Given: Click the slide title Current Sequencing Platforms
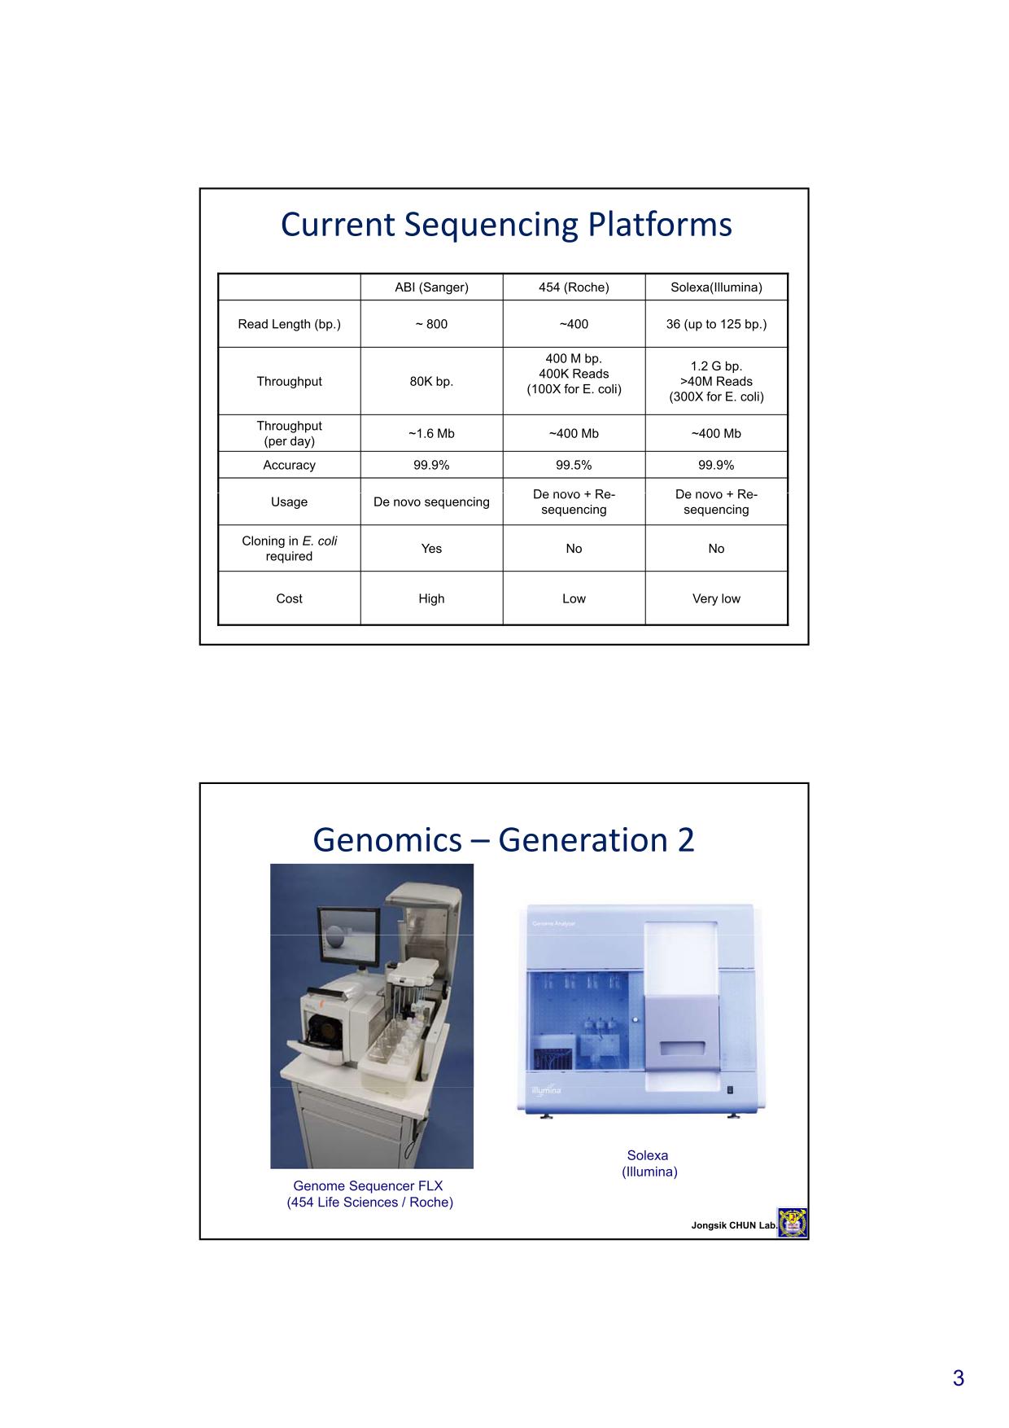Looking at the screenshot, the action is pyautogui.click(x=506, y=225).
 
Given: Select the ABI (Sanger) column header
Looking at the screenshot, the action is pyautogui.click(x=431, y=287).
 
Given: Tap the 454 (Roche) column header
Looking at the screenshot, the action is pyautogui.click(x=574, y=287).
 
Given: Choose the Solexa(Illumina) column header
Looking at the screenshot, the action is pyautogui.click(x=716, y=287).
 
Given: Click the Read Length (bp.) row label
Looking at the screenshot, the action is pyautogui.click(x=289, y=324).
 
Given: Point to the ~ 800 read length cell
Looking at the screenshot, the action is pyautogui.click(x=431, y=324).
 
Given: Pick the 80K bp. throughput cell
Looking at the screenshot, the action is pyautogui.click(x=431, y=381).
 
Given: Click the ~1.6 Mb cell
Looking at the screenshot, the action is pyautogui.click(x=431, y=433).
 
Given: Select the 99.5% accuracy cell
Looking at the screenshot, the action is pyautogui.click(x=574, y=465).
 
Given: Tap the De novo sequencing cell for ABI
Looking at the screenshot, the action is pyautogui.click(x=431, y=502).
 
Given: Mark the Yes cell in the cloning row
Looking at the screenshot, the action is pyautogui.click(x=431, y=549).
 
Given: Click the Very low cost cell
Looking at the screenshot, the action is pyautogui.click(x=716, y=598).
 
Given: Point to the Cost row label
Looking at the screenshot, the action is pyautogui.click(x=289, y=598).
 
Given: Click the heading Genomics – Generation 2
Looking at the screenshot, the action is pyautogui.click(x=504, y=839).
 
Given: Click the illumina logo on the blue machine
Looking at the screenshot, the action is pyautogui.click(x=546, y=1090).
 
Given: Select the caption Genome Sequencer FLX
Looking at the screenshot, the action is pyautogui.click(x=369, y=1185).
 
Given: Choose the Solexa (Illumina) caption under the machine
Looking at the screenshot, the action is pyautogui.click(x=649, y=1163).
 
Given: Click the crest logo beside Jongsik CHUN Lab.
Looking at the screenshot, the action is pyautogui.click(x=791, y=1223).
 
